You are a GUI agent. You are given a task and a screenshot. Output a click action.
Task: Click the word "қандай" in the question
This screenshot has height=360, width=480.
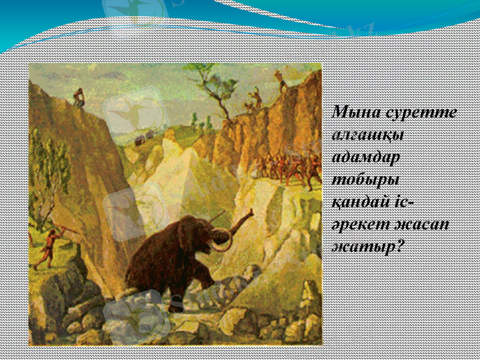click(x=358, y=202)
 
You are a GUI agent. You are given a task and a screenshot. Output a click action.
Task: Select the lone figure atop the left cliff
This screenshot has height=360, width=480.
click(x=78, y=97)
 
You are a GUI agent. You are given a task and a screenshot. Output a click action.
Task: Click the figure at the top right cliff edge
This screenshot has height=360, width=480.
click(x=281, y=81)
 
